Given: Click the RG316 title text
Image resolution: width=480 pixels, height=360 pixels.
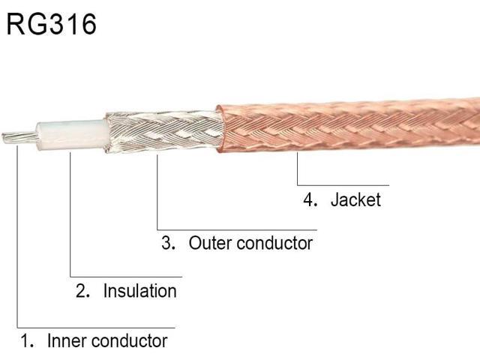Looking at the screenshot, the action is tap(52, 24).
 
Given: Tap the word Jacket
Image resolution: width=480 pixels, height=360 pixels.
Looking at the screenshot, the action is tap(355, 200).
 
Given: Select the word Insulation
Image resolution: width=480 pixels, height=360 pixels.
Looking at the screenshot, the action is tap(140, 290).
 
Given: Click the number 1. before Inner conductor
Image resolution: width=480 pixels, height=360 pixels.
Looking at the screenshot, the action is tap(27, 340).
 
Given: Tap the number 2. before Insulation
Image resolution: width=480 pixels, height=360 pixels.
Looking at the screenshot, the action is tap(82, 290).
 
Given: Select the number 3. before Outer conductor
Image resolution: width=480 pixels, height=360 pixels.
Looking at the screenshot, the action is tap(168, 243).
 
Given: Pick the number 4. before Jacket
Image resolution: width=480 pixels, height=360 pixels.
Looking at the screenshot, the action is tap(310, 199).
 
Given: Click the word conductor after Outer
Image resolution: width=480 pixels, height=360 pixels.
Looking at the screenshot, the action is tap(275, 243).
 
